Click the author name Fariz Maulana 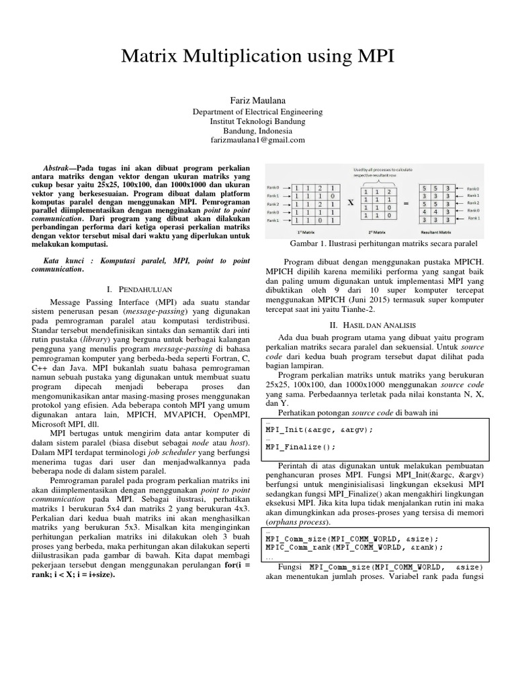(257, 99)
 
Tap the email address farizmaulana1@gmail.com (257, 140)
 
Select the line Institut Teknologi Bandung (257, 121)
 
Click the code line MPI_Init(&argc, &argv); (319, 429)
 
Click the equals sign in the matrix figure (405, 202)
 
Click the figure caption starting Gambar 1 (383, 242)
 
